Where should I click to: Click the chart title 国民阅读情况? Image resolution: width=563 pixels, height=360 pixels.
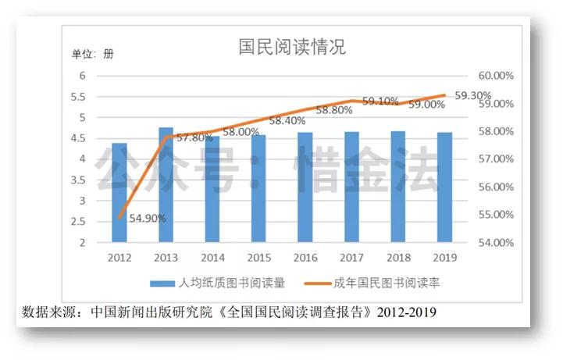pyautogui.click(x=292, y=47)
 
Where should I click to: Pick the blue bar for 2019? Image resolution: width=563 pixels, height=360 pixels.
pyautogui.click(x=445, y=187)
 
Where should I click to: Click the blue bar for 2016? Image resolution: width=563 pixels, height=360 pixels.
pyautogui.click(x=305, y=187)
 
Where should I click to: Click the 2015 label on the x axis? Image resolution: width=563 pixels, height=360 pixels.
pyautogui.click(x=259, y=256)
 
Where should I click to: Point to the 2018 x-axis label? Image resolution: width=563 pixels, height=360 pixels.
pyautogui.click(x=398, y=256)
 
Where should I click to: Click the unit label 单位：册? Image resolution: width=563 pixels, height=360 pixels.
pyautogui.click(x=93, y=54)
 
